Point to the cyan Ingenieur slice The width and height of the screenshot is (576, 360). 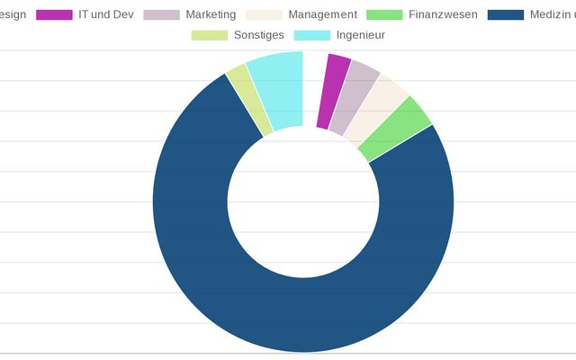point(278,91)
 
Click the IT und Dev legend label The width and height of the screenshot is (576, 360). point(106,14)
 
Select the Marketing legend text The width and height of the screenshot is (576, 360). point(211,14)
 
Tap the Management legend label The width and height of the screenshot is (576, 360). point(322,14)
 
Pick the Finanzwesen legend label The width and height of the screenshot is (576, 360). point(443,14)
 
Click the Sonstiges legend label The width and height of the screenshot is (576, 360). point(258,35)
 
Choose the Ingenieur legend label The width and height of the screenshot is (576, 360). point(360,35)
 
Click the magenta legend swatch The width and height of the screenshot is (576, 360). point(54,14)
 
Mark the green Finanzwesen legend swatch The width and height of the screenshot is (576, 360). point(386,14)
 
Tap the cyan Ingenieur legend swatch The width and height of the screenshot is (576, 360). point(311,35)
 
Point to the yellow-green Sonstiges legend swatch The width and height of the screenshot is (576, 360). point(209,35)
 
